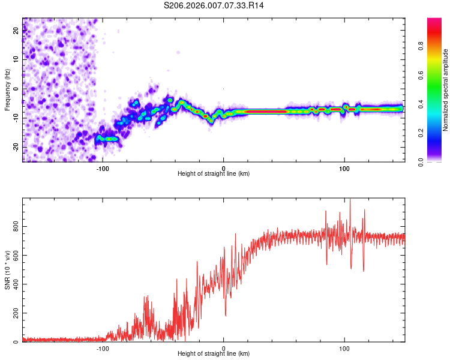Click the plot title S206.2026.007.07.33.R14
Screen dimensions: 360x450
[x=214, y=5]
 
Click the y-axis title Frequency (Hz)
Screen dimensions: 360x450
[x=7, y=90]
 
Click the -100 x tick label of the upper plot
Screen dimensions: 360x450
[x=103, y=168]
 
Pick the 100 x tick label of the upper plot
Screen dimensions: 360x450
[x=344, y=168]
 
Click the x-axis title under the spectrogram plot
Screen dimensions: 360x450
[x=214, y=174]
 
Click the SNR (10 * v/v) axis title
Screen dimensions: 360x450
[x=7, y=270]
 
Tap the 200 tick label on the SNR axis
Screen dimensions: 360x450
[x=14, y=314]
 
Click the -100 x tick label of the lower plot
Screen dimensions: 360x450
[x=103, y=348]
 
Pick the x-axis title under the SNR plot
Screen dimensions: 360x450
[x=214, y=354]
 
